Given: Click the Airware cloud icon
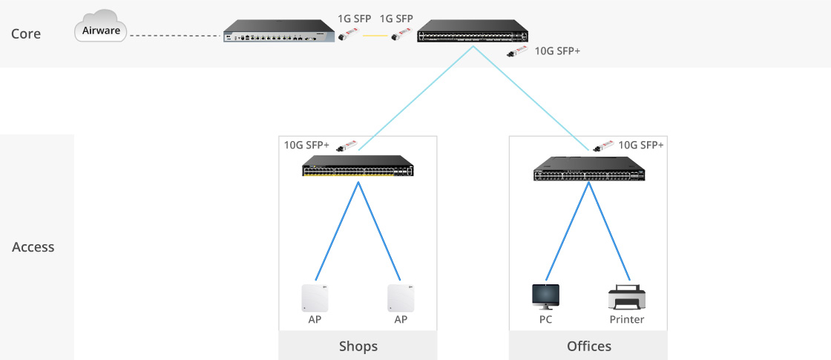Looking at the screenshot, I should [x=100, y=30].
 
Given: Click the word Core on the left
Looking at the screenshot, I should [x=26, y=34].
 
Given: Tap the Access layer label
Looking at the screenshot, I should [x=33, y=247].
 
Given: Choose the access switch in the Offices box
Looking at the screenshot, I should [x=588, y=170].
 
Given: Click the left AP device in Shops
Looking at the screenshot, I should [x=315, y=298].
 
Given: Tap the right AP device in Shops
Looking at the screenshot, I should [x=401, y=298].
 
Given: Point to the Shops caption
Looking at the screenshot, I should [x=358, y=347].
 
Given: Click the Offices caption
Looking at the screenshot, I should [x=588, y=347].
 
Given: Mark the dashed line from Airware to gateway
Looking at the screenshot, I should [x=175, y=35].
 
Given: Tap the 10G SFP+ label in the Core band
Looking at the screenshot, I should [x=557, y=53].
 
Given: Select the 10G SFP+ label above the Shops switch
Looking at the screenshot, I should [x=306, y=145].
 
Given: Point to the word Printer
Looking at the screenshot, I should [x=626, y=320].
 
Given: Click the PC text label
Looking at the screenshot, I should [x=546, y=320].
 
